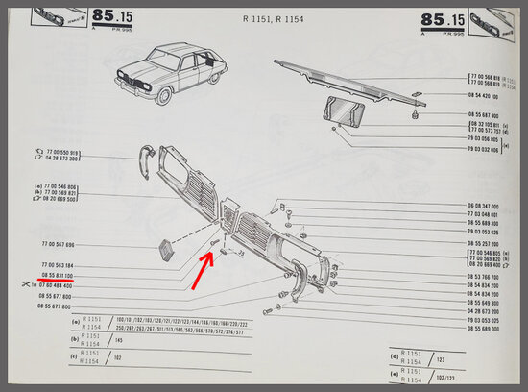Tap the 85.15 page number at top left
click(113, 16)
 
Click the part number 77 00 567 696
click(57, 245)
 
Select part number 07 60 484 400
click(57, 285)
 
